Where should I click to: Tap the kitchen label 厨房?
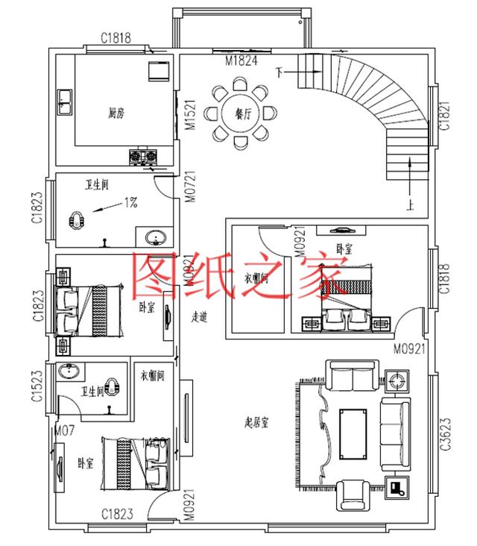coord(116,113)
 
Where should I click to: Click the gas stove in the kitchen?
coord(144,157)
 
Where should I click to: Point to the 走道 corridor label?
coord(199,317)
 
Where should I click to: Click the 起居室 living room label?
coord(256,422)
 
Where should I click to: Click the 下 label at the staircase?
coord(279,72)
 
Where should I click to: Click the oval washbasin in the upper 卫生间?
coord(157,238)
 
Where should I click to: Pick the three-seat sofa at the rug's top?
coord(353,377)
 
